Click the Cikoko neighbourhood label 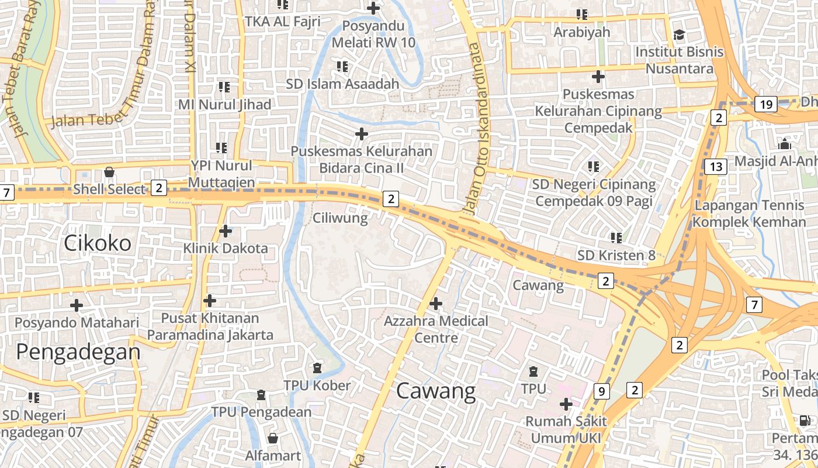pos(98,243)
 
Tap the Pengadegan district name pos(78,352)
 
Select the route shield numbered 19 pos(765,105)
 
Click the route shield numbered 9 pos(601,391)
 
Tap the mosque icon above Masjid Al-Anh pos(784,144)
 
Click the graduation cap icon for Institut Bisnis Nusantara pos(679,35)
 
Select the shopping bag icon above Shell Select pos(109,172)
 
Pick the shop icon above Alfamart pos(272,438)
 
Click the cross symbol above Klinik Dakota pos(226,231)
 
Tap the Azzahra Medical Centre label pos(436,329)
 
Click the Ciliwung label pos(340,218)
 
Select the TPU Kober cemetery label pos(317,386)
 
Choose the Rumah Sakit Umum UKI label pos(566,429)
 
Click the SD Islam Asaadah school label pos(342,84)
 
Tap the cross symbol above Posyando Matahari pos(77,305)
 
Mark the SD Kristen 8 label pos(616,255)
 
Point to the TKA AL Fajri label pos(283,22)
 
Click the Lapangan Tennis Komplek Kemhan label pos(750,214)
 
